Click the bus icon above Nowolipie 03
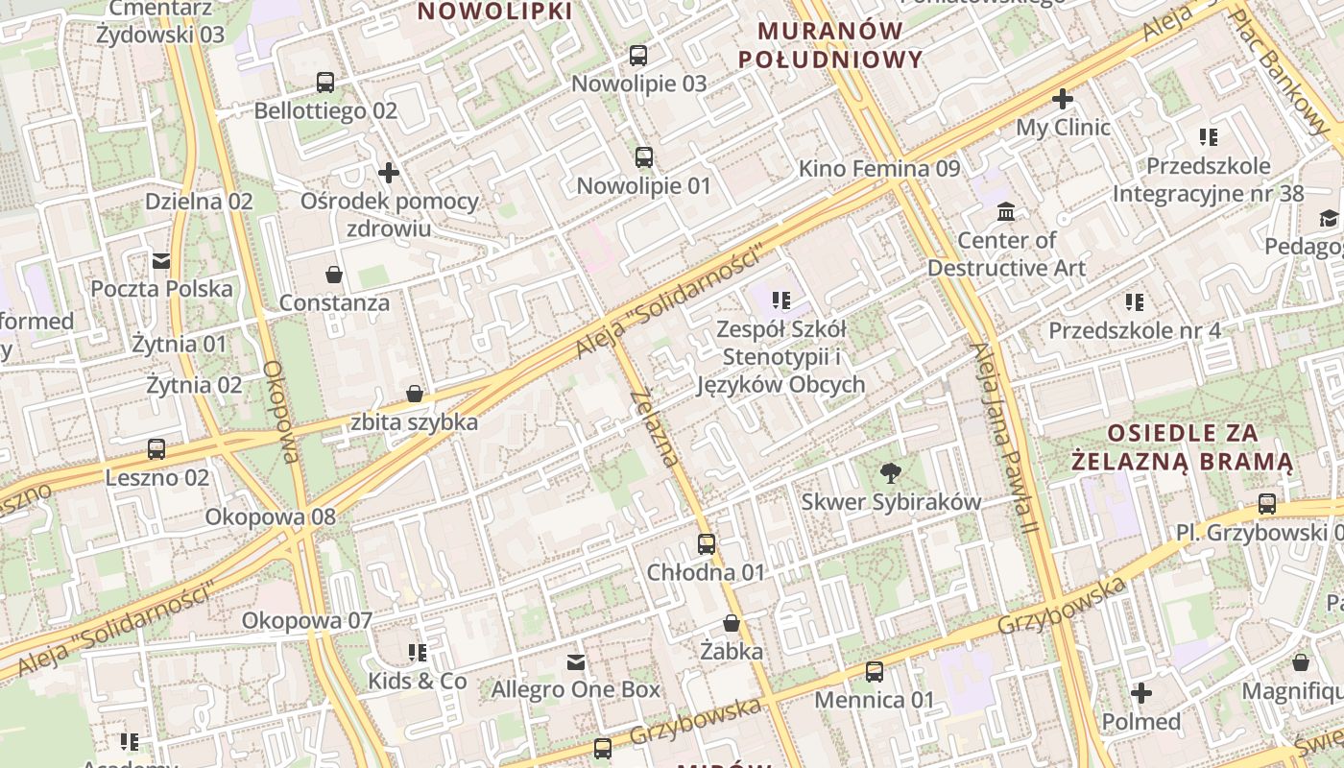638,56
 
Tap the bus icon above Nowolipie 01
643,156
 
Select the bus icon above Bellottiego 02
325,83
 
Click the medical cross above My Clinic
1063,99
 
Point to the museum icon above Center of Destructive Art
1006,211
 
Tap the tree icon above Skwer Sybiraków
891,472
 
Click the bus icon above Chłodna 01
707,544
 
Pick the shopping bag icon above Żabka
732,623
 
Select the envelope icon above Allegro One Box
576,661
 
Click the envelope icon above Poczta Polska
161,260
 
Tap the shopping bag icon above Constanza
334,276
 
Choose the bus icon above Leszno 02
156,448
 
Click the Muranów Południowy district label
830,45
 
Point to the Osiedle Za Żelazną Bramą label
1183,446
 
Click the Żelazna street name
656,427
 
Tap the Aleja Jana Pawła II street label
1004,438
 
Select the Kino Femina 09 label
879,169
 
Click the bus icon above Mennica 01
874,672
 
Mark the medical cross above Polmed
1141,693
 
